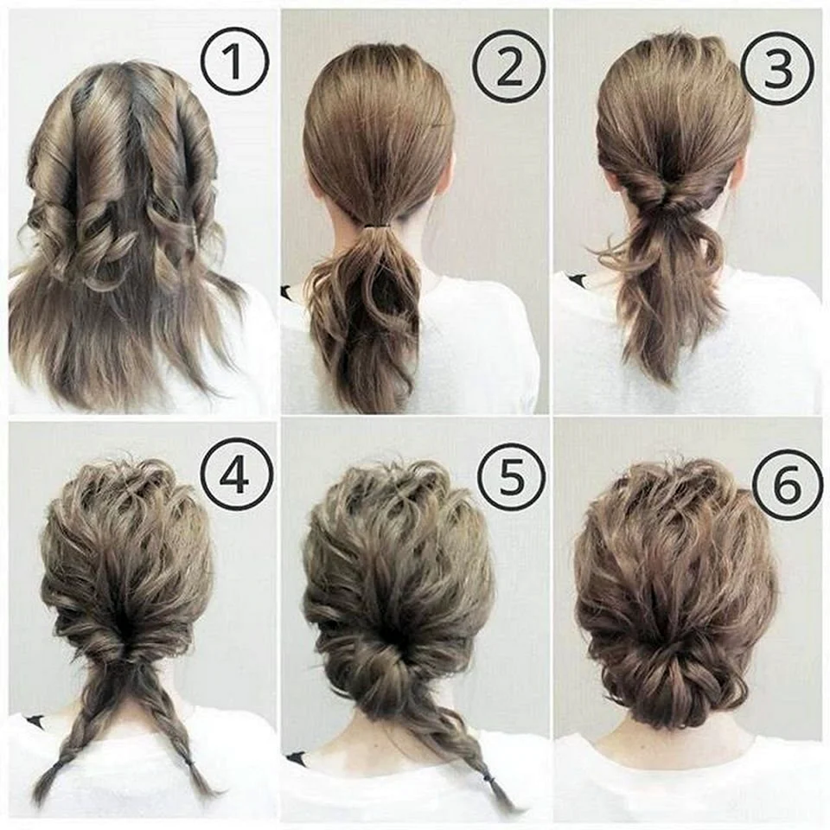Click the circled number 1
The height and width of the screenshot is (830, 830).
click(235, 61)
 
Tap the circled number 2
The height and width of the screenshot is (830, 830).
click(508, 66)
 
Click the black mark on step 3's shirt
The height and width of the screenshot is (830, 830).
click(577, 278)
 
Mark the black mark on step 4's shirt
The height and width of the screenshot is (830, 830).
click(35, 720)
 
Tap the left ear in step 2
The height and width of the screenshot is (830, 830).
click(316, 187)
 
